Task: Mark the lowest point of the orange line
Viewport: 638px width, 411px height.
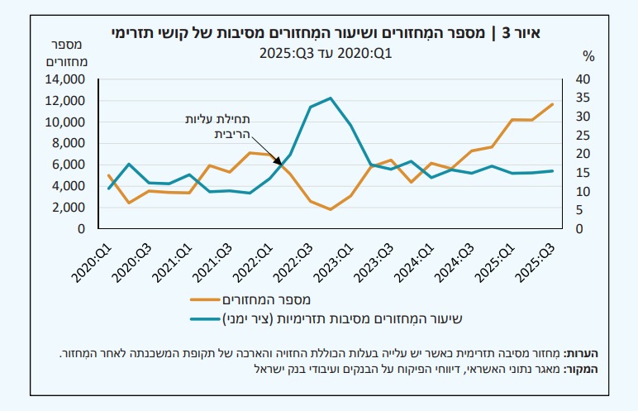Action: (331, 209)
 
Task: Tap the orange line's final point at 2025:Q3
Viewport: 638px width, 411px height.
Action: (553, 104)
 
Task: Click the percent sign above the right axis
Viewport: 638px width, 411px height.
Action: (588, 57)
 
